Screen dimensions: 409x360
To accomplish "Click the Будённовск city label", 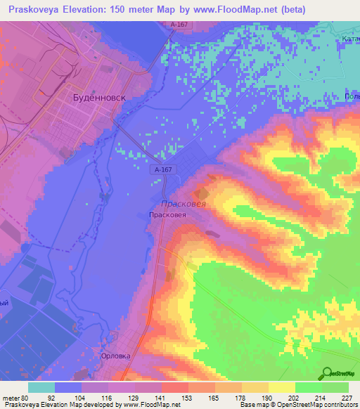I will (x=100, y=98).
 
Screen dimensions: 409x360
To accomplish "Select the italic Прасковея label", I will (x=183, y=203).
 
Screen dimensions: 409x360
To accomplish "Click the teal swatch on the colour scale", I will (x=41, y=387).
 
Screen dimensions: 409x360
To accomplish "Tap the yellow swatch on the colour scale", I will (x=282, y=387).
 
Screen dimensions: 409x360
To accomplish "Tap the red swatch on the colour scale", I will (x=175, y=387).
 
